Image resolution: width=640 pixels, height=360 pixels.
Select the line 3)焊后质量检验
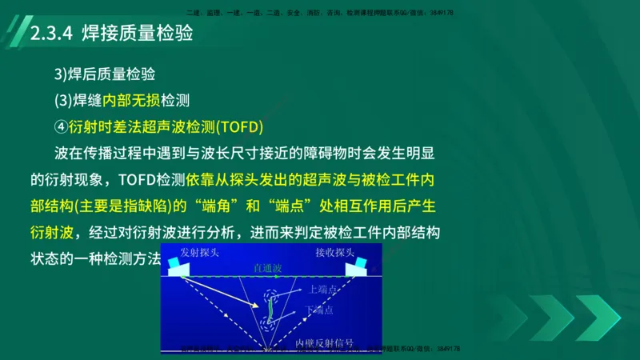point(104,74)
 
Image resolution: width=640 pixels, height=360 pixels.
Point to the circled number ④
point(60,126)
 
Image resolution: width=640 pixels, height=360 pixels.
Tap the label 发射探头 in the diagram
point(199,252)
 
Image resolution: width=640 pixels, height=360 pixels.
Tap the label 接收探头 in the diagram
point(334,252)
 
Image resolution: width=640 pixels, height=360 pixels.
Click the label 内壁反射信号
point(324,342)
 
